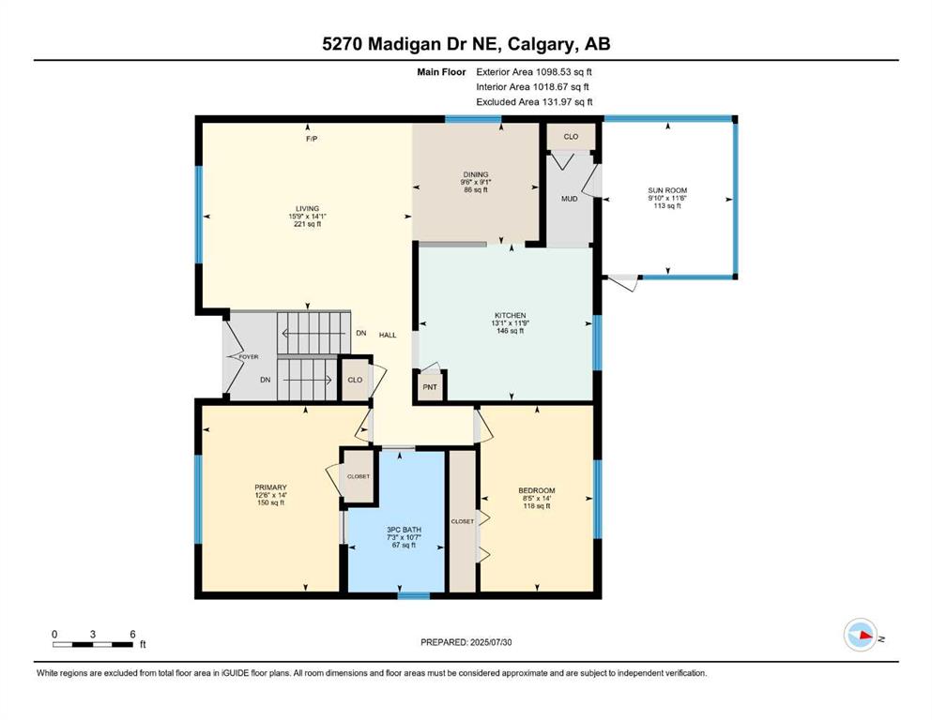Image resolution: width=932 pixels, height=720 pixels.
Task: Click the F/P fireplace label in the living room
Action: pyautogui.click(x=312, y=139)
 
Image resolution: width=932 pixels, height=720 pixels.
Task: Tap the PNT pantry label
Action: pyautogui.click(x=430, y=387)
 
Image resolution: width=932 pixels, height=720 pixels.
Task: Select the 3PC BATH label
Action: pyautogui.click(x=404, y=530)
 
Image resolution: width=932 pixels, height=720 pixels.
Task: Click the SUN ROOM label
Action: pyautogui.click(x=667, y=190)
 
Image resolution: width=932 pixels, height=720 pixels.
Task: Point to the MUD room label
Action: pyautogui.click(x=570, y=199)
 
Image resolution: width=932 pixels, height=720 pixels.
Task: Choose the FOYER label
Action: pyautogui.click(x=249, y=357)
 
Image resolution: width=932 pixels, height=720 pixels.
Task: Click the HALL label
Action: pyautogui.click(x=388, y=335)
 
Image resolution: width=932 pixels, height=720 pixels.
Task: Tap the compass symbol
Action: pyautogui.click(x=861, y=635)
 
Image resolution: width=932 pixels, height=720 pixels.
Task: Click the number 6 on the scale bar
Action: pyautogui.click(x=132, y=634)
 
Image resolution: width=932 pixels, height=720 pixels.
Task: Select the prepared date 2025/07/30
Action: pyautogui.click(x=491, y=642)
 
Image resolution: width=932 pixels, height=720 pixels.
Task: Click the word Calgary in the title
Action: pyautogui.click(x=542, y=44)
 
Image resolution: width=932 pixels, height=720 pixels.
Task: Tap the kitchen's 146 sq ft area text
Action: pyautogui.click(x=510, y=331)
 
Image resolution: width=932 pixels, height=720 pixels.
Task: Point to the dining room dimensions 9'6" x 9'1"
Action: pyautogui.click(x=476, y=182)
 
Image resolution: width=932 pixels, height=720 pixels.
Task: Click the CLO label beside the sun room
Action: pyautogui.click(x=571, y=137)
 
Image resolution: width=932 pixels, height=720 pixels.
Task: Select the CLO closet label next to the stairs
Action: pyautogui.click(x=355, y=380)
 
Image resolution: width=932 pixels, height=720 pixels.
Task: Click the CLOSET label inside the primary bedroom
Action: pyautogui.click(x=359, y=476)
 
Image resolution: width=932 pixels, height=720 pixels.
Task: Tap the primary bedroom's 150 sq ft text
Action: pyautogui.click(x=270, y=502)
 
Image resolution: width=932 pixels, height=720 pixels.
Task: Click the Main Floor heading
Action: pyautogui.click(x=441, y=72)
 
